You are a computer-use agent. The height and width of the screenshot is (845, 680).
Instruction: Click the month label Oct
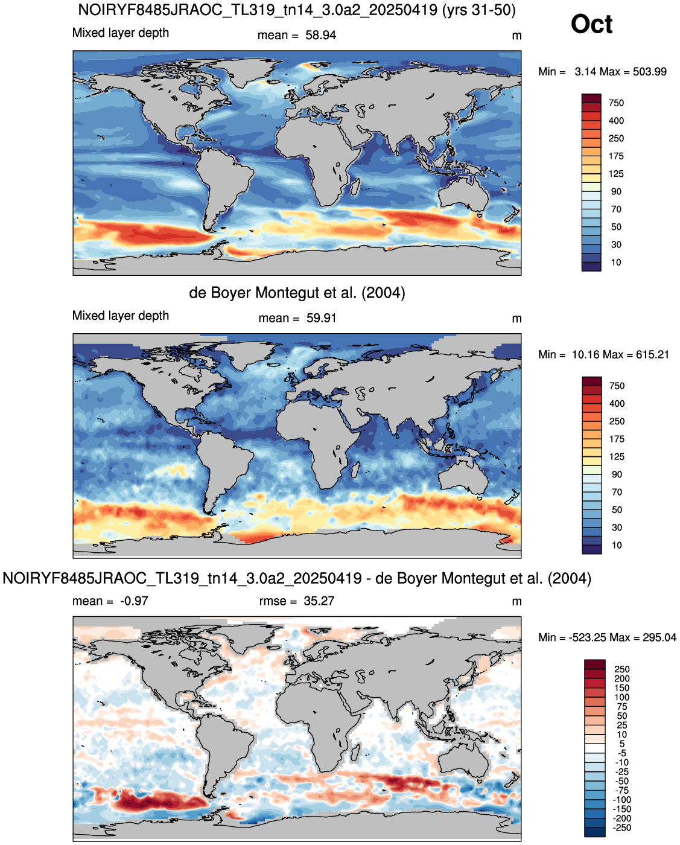pyautogui.click(x=591, y=24)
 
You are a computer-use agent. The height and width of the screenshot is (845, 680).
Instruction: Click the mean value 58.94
pyautogui.click(x=320, y=36)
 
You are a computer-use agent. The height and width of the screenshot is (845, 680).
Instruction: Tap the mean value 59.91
pyautogui.click(x=321, y=318)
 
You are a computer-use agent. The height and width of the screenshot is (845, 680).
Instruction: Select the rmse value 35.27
pyautogui.click(x=319, y=601)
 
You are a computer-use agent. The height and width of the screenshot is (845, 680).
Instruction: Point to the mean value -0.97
pyautogui.click(x=134, y=601)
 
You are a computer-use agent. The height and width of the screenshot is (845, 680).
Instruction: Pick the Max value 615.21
pyautogui.click(x=652, y=354)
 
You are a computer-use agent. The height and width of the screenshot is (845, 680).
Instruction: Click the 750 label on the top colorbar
pyautogui.click(x=616, y=103)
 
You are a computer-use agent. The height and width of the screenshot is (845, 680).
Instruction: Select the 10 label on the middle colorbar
pyautogui.click(x=617, y=545)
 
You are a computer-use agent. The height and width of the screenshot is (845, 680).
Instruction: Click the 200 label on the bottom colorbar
pyautogui.click(x=622, y=678)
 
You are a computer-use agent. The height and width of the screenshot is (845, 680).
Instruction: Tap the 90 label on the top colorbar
pyautogui.click(x=616, y=191)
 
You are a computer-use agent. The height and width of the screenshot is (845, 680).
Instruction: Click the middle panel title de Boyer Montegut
pyautogui.click(x=297, y=293)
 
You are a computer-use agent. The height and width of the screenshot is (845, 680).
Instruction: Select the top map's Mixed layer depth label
pyautogui.click(x=121, y=33)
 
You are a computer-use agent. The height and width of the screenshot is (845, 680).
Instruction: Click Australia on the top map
pyautogui.click(x=463, y=194)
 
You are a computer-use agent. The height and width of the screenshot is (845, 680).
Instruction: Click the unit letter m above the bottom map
pyautogui.click(x=516, y=602)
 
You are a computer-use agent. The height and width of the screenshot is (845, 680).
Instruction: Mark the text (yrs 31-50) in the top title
pyautogui.click(x=478, y=10)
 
